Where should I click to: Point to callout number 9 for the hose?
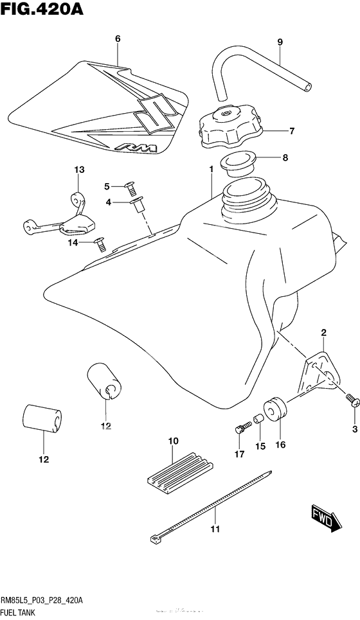[x=280, y=42]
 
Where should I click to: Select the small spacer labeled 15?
[x=257, y=420]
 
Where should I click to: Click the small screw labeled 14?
[x=99, y=243]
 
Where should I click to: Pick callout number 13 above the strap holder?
[x=79, y=170]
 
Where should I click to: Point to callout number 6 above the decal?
[x=118, y=39]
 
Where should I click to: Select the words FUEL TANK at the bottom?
[x=19, y=613]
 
